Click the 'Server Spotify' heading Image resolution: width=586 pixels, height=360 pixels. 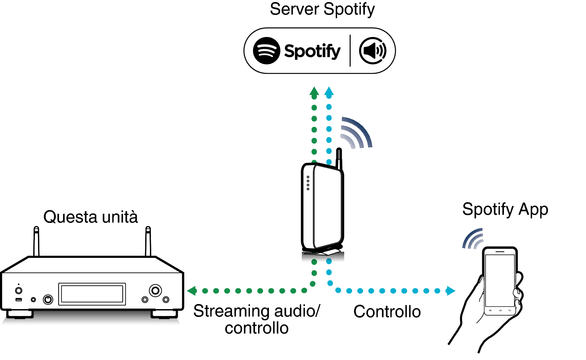coord(322,10)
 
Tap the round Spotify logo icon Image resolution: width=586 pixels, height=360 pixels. coord(267,51)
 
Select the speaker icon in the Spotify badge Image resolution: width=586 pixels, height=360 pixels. coord(373,51)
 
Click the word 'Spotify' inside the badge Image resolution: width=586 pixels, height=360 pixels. coord(312,51)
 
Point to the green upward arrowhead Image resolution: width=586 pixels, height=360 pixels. coord(314,91)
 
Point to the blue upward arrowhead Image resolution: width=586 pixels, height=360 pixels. coord(329,91)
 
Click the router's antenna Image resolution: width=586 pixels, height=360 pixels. coord(339,158)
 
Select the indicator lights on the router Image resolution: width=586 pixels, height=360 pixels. coord(308,183)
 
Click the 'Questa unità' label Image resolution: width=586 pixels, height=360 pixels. coord(91,217)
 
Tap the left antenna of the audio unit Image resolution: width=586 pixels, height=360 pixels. coord(36,241)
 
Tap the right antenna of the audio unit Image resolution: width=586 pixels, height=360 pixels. coord(148,241)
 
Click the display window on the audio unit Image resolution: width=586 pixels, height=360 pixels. coord(92,294)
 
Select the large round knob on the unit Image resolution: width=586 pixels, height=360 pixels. coord(155,290)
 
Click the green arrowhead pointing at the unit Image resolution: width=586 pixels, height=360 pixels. coord(192,291)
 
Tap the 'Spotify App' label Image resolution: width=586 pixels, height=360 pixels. coord(505,209)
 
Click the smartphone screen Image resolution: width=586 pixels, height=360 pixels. coord(500,280)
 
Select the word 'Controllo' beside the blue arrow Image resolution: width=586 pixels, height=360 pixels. coord(387,311)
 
